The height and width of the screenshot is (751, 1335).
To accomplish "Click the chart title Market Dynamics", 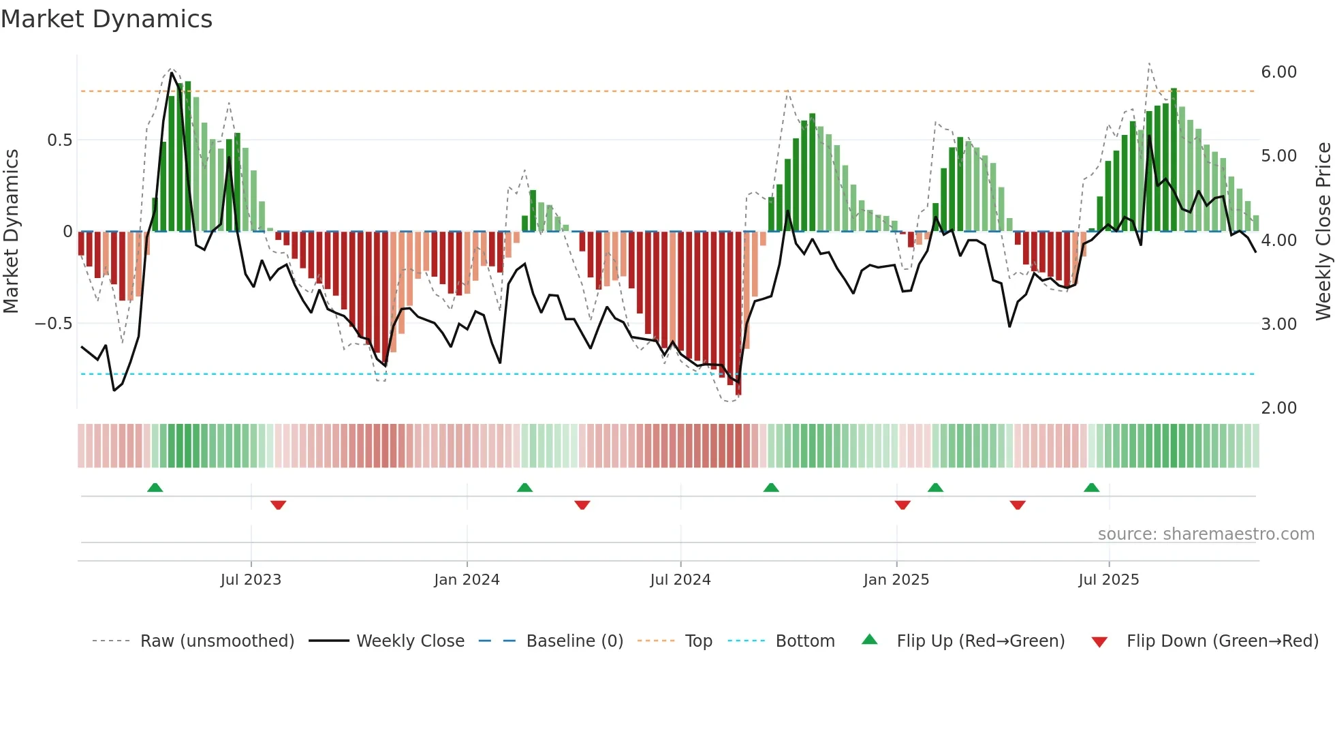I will point(106,19).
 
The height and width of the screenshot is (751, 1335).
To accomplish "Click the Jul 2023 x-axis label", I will point(251,580).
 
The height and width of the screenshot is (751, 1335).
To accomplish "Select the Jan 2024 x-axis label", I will point(467,580).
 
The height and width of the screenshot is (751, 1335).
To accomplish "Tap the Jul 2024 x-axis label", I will point(680,580).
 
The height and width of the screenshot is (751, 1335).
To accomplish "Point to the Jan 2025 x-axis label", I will point(896,580).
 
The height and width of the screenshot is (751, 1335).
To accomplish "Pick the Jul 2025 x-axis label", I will point(1108,580).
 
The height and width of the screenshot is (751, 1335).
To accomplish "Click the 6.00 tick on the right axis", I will point(1278,72).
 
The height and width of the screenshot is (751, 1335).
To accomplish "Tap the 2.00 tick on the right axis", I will point(1278,408).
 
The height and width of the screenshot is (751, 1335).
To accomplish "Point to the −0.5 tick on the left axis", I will point(53,324).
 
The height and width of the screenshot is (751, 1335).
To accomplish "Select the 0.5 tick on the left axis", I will point(59,140).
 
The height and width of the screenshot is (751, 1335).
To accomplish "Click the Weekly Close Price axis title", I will point(1323,231).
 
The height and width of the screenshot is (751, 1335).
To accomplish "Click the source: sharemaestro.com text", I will point(1206,534).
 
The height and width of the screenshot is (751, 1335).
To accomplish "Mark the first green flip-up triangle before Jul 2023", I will point(155,487).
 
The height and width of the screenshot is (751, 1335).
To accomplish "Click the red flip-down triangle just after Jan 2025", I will point(902,505).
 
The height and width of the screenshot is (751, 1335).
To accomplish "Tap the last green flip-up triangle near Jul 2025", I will point(1091,487).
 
